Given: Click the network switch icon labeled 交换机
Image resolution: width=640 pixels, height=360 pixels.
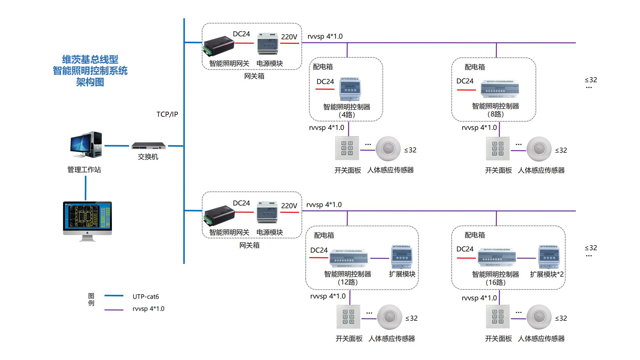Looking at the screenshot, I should click(149, 146).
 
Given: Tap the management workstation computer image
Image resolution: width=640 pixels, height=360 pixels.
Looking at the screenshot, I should click(86, 145).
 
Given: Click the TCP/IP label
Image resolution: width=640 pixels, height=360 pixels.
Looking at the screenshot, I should click(167, 114).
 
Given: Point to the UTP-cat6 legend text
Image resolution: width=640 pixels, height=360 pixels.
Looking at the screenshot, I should click(146, 297).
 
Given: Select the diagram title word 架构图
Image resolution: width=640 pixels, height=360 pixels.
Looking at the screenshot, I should click(90, 82).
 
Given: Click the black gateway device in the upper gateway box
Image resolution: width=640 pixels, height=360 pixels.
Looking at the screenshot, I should click(219, 46).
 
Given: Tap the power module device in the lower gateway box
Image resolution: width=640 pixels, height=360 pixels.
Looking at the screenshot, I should click(267, 212).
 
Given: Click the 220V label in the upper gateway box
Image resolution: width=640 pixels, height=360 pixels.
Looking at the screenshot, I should click(289, 37).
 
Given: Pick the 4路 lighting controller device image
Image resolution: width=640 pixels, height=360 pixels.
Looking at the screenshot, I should click(350, 89).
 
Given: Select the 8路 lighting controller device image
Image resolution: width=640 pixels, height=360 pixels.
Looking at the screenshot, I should click(500, 89).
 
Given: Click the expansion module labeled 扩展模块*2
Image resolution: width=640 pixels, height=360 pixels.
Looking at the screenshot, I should click(549, 257).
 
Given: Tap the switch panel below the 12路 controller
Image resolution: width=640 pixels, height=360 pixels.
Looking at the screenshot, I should click(348, 317).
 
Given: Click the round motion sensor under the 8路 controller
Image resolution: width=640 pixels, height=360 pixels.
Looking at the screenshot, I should click(539, 149).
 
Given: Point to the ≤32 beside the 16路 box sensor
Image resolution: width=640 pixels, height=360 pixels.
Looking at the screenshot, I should click(561, 318).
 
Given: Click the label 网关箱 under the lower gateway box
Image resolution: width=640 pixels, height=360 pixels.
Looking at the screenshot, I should click(249, 245).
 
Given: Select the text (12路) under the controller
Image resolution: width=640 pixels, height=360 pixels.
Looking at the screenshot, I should click(347, 282).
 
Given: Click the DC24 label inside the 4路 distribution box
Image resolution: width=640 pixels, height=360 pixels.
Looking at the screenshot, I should click(325, 82).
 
